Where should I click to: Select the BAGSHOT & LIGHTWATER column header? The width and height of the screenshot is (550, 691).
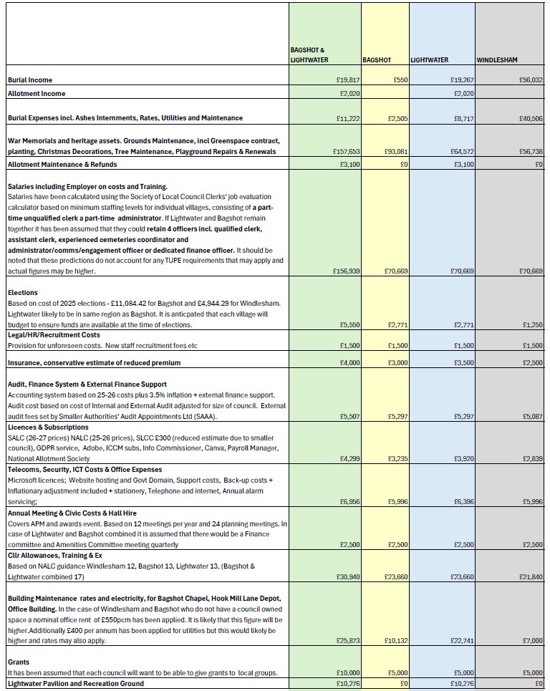[x=309, y=54]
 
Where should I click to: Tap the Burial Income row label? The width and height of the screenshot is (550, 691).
[x=30, y=80]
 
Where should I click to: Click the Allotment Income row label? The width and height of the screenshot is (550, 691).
[x=37, y=94]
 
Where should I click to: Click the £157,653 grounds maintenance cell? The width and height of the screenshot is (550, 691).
[x=342, y=152]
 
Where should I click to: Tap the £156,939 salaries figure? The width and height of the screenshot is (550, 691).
[x=342, y=271]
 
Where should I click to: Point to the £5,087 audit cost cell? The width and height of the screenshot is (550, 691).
[x=533, y=415]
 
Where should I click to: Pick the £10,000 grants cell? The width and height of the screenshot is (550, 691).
[x=344, y=672]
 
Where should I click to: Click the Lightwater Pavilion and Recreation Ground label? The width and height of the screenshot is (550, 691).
[x=75, y=684]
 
